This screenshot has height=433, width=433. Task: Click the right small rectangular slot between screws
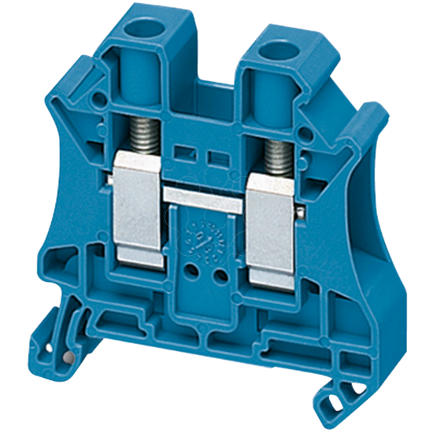(213, 157)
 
